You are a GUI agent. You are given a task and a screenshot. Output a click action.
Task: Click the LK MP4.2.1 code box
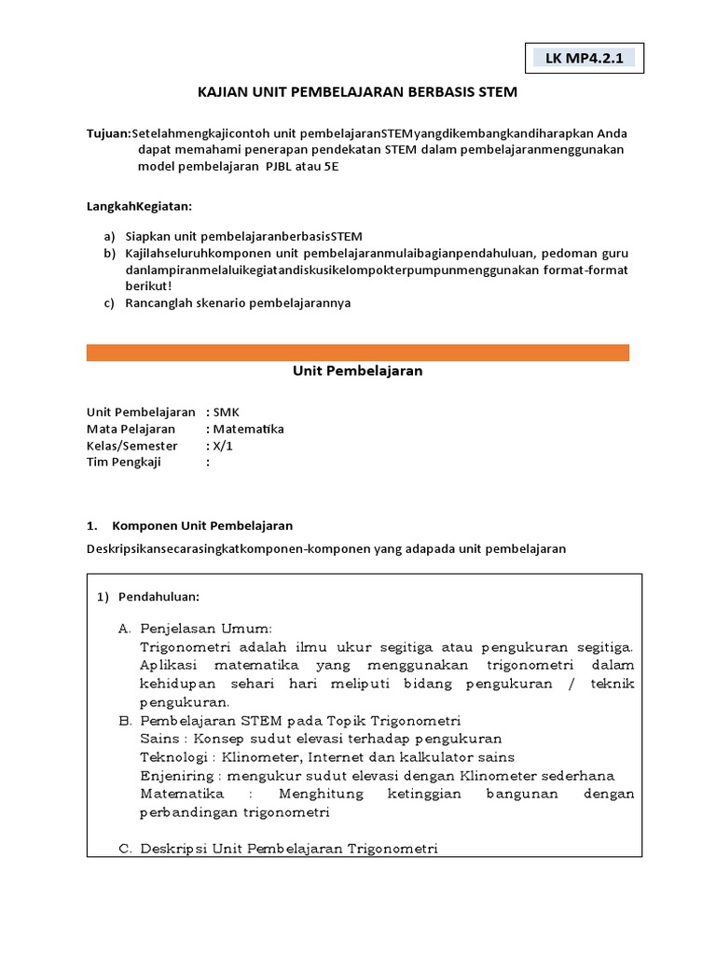click(583, 59)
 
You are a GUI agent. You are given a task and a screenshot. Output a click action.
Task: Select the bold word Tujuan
click(107, 133)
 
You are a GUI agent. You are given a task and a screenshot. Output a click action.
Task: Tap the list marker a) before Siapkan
click(109, 236)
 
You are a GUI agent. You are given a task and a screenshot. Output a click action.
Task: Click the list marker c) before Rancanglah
click(109, 303)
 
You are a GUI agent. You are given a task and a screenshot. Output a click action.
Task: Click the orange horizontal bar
click(357, 353)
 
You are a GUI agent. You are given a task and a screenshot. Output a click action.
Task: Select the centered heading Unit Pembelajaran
click(357, 371)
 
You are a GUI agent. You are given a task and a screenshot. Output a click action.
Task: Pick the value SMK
click(227, 412)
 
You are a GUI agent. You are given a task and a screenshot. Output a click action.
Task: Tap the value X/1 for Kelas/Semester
click(223, 446)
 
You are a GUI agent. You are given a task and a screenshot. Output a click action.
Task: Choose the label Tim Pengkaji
click(124, 463)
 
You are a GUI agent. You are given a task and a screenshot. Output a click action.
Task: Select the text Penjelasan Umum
click(206, 628)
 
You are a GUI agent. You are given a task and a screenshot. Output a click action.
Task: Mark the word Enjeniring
click(177, 776)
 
